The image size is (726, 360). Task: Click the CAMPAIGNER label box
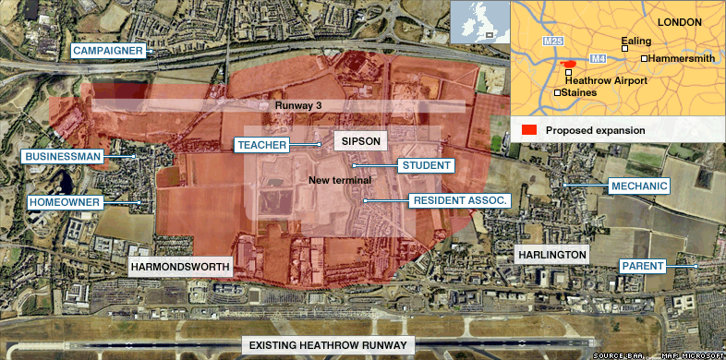(108, 51)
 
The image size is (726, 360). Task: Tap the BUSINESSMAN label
(63, 157)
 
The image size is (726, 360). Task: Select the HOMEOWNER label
(62, 201)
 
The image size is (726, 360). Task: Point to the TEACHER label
(261, 145)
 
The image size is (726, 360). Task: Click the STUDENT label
(427, 166)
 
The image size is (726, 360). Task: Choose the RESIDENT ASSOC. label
(459, 199)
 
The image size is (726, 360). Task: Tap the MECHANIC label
(638, 186)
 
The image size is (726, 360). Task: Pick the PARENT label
(642, 267)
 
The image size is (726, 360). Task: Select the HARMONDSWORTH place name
(179, 267)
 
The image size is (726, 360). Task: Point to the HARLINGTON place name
(551, 254)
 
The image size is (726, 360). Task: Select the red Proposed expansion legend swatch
(530, 130)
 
